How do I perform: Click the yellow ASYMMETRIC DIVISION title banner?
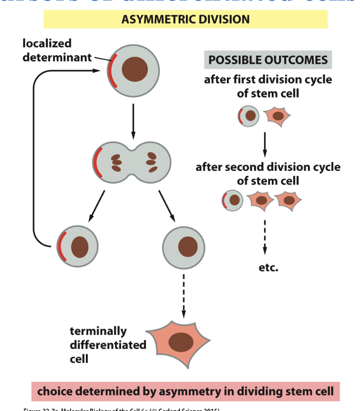coord(185,20)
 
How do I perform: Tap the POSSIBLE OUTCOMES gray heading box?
coord(268,60)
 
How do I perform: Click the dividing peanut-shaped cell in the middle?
coord(132,162)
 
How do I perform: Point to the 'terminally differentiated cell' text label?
coord(108,345)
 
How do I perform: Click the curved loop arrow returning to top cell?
coord(34,161)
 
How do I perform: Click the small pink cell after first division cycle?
coord(277,116)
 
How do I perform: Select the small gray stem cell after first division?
coord(249,116)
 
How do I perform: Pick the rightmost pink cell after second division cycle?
coord(289,200)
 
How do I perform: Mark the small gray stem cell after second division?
coord(233,200)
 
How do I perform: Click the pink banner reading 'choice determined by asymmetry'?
coord(185,391)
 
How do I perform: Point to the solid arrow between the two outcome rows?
coord(264,143)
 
